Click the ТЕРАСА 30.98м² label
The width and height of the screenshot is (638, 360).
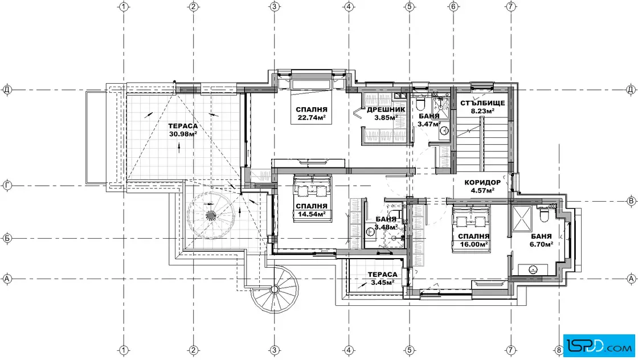tap(183, 130)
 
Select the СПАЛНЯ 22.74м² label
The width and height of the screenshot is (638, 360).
tap(312, 114)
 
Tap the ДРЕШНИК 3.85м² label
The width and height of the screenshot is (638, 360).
tap(386, 114)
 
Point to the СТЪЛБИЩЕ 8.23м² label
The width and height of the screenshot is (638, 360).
tap(482, 107)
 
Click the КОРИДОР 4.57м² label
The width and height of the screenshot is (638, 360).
tap(482, 186)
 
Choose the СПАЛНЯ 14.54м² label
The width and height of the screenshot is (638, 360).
tap(312, 210)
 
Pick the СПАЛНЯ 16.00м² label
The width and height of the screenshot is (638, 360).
tap(473, 240)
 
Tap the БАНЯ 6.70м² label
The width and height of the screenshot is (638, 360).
tap(542, 240)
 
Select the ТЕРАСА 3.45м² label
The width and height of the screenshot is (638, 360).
tap(382, 279)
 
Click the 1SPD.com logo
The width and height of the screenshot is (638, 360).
tap(599, 346)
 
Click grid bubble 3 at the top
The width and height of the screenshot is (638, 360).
tap(275, 6)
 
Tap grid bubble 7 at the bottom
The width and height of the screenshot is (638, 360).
tap(511, 350)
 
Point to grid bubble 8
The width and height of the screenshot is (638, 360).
tap(559, 350)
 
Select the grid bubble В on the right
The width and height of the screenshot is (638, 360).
tap(631, 201)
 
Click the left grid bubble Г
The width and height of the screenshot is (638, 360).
tap(7, 186)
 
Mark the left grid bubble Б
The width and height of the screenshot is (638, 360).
tap(7, 238)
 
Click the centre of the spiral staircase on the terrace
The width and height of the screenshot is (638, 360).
tap(210, 215)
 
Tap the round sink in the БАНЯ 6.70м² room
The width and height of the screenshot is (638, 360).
tap(532, 269)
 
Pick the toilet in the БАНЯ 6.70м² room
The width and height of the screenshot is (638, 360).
tap(544, 214)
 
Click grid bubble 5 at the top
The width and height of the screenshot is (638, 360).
tap(410, 6)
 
